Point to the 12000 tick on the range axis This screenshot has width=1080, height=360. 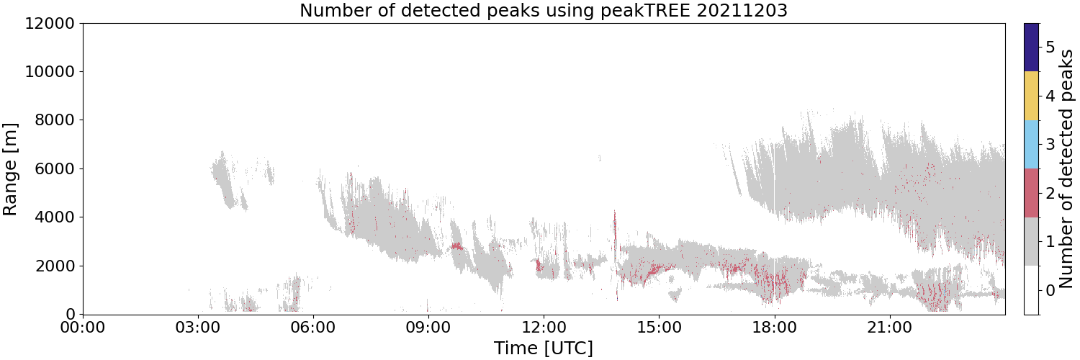50,23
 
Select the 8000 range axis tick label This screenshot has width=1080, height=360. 55,120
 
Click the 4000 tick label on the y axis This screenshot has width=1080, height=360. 55,217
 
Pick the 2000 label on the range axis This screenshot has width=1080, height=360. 55,266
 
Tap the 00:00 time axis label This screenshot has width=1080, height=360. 83,328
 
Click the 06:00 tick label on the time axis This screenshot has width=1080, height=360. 313,328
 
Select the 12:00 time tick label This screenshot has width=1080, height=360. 544,328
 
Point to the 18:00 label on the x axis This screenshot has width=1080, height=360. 775,328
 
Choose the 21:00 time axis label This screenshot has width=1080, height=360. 890,328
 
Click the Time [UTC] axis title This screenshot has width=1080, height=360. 544,348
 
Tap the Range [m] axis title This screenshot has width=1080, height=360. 10,169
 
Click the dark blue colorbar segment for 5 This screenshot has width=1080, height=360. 1031,48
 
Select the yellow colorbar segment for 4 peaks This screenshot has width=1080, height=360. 1031,96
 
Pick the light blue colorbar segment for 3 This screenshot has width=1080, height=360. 1031,145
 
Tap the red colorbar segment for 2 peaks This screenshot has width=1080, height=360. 1031,193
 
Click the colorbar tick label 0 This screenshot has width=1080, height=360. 1050,290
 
